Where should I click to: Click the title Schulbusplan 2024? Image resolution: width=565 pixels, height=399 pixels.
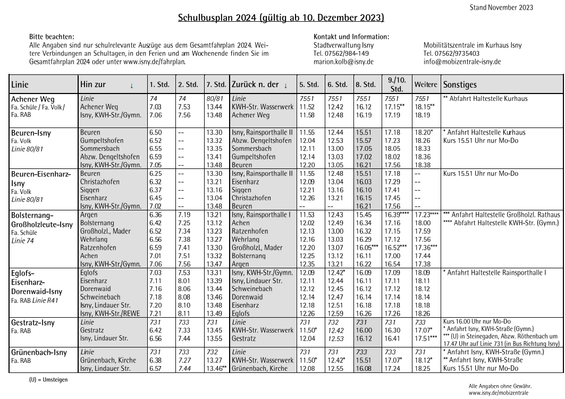pos(281,18)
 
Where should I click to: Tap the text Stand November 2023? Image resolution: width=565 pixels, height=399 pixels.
pos(501,7)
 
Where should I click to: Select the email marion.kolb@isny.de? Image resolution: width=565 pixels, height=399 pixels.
pos(343,62)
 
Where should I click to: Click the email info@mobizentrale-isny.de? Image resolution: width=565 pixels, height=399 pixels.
pos(462,62)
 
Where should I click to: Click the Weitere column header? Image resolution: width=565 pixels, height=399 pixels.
pos(426,84)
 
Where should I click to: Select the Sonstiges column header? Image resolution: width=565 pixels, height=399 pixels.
pos(460,84)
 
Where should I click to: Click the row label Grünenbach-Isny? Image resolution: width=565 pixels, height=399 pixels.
pos(36,352)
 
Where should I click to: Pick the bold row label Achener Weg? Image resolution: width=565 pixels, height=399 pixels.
pos(32,99)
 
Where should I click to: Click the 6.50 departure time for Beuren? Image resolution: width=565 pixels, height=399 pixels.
pos(156,132)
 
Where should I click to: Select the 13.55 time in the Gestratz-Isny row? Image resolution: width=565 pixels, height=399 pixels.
pos(214,338)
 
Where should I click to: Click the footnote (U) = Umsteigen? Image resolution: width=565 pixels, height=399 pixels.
pos(48,380)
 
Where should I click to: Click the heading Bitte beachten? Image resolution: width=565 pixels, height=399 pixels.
pos(52,37)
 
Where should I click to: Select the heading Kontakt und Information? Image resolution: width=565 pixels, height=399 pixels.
pos(351,37)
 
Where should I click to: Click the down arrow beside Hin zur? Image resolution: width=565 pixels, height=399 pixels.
pos(131,85)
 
